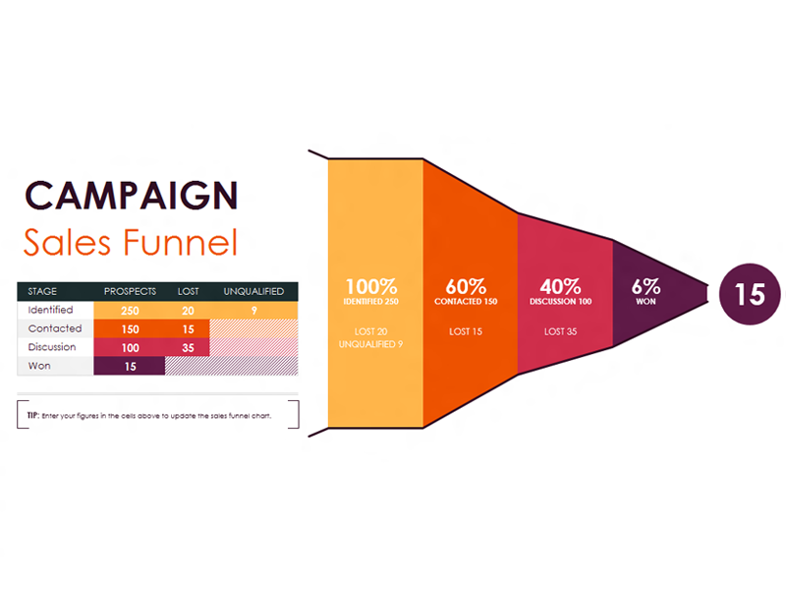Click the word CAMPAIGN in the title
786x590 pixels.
click(131, 195)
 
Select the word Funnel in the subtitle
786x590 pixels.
click(181, 242)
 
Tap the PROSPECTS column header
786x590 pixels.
click(130, 291)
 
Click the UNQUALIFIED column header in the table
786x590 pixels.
click(253, 291)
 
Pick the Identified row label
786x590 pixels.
click(51, 310)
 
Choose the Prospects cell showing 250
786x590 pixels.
click(130, 311)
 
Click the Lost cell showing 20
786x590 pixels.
click(188, 311)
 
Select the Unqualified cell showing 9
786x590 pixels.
click(254, 311)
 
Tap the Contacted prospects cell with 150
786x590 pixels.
click(130, 329)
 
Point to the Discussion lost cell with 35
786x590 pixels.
click(188, 348)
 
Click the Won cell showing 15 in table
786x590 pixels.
click(130, 366)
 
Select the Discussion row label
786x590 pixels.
click(52, 347)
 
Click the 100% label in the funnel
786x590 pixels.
click(371, 287)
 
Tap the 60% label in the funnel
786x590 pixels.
click(466, 287)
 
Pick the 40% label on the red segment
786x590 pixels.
click(560, 287)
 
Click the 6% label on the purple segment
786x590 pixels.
click(646, 287)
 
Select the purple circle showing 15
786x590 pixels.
click(750, 294)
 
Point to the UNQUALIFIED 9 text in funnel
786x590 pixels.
click(371, 344)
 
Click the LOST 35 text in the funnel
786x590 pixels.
click(560, 331)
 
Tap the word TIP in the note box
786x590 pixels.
click(33, 415)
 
